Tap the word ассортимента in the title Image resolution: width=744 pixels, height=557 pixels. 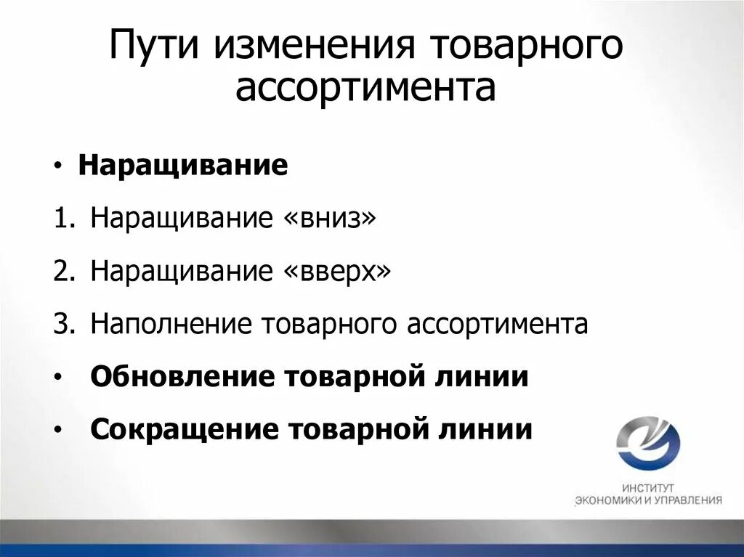coord(365,87)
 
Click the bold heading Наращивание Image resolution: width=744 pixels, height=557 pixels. coord(183,166)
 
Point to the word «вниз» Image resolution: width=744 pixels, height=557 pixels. coord(326,219)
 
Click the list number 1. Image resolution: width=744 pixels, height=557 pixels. coord(61,219)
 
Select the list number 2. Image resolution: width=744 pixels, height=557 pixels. coord(61,272)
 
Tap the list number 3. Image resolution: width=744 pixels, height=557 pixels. coord(61,325)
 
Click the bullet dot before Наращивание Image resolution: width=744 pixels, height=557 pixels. coord(58,167)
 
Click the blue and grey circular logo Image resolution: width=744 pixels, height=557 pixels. coord(648,443)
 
